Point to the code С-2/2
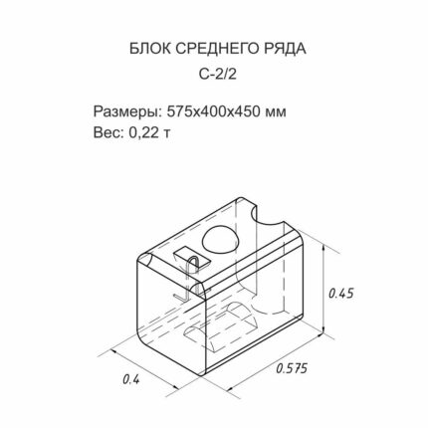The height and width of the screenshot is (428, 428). [x=218, y=75]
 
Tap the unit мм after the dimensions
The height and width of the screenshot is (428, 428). [x=276, y=113]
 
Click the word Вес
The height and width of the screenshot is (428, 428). [x=107, y=132]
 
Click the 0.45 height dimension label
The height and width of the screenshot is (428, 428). [x=340, y=294]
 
